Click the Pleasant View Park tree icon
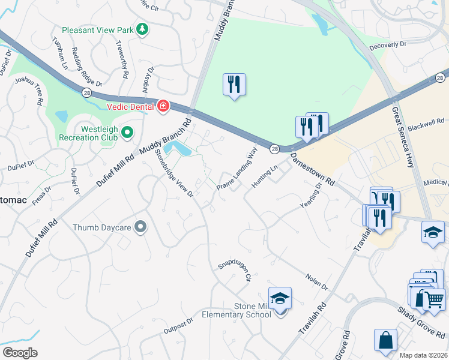tap(142, 29)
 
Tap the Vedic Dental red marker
tap(163, 107)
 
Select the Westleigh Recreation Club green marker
tap(127, 132)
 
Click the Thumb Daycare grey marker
tap(140, 227)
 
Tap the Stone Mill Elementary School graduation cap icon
tap(280, 298)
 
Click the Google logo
tap(20, 352)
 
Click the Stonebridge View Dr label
tap(173, 172)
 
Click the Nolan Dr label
tap(316, 282)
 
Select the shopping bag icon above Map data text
tap(385, 340)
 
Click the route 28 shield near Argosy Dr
tap(87, 91)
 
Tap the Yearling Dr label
tap(312, 197)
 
